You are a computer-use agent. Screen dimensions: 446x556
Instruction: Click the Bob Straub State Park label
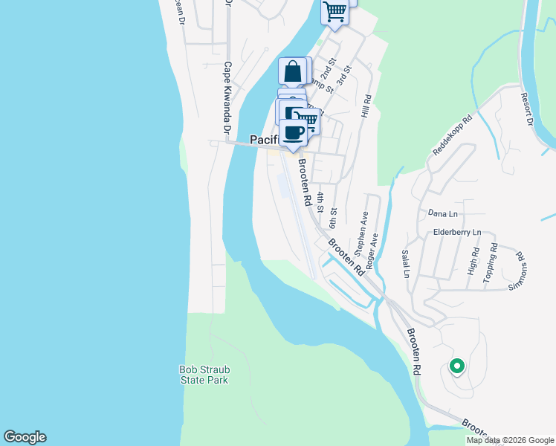(x=204, y=375)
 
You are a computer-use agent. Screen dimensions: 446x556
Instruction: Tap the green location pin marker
(x=456, y=366)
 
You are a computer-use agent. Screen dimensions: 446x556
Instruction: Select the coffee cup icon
(x=294, y=132)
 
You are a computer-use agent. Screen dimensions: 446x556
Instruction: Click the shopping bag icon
(x=293, y=72)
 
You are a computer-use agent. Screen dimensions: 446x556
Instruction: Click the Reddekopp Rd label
(x=452, y=135)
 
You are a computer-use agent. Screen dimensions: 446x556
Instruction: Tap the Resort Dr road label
(x=528, y=109)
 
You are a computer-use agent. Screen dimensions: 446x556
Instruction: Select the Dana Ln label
(x=442, y=214)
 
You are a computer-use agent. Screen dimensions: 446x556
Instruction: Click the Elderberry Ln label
(x=456, y=232)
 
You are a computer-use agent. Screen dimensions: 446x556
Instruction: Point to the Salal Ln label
(x=406, y=263)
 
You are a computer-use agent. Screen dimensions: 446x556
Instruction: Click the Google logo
(x=25, y=437)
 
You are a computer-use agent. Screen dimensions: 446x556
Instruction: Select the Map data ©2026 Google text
(x=510, y=440)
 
